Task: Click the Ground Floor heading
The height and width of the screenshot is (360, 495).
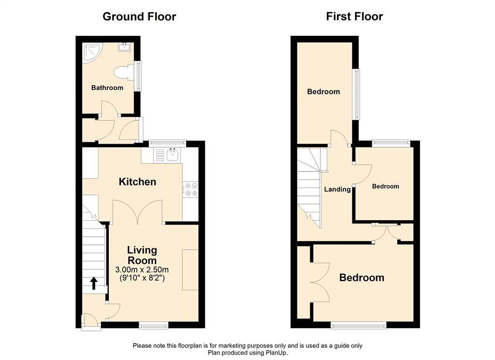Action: click(x=139, y=17)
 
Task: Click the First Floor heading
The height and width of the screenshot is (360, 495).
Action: click(x=354, y=17)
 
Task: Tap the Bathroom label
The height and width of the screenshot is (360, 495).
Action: click(x=107, y=88)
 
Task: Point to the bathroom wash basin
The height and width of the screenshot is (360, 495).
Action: click(x=125, y=47)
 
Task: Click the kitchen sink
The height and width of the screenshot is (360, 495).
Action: click(x=172, y=155)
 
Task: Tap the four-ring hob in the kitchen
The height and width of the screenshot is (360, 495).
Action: click(x=190, y=189)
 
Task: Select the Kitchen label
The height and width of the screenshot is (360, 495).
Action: click(x=138, y=182)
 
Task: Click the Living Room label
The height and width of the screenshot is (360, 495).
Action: click(x=142, y=255)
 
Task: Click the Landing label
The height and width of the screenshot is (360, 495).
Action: click(x=337, y=189)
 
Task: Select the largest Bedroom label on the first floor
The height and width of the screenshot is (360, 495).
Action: click(x=362, y=278)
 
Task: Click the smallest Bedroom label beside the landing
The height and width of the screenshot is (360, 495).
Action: click(x=385, y=186)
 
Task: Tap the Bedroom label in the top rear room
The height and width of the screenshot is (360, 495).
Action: click(x=323, y=92)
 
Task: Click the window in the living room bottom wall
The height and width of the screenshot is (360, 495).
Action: click(x=154, y=325)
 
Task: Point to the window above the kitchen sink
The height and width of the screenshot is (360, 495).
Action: click(x=167, y=143)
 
